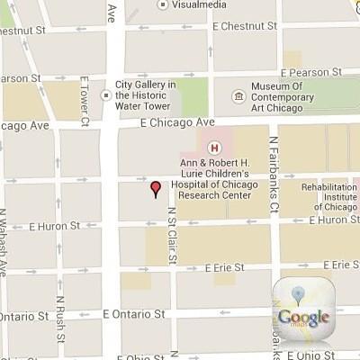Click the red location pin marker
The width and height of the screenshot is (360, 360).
pyautogui.click(x=155, y=188)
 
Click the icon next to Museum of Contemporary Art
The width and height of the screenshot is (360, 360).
pyautogui.click(x=237, y=92)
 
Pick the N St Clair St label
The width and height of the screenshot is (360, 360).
pyautogui.click(x=171, y=235)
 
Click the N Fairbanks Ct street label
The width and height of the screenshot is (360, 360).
pyautogui.click(x=273, y=161)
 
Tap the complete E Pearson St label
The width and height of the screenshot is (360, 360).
pyautogui.click(x=314, y=70)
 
